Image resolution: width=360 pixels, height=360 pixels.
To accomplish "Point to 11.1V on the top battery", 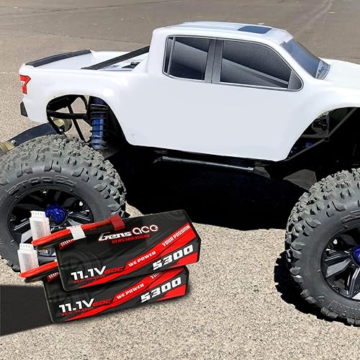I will pyautogui.click(x=88, y=274).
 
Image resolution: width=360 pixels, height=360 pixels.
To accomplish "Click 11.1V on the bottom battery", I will pyautogui.click(x=76, y=306).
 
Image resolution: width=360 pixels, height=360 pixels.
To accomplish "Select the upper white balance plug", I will pyautogui.click(x=40, y=225).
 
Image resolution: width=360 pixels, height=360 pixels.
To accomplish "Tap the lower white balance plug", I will pyautogui.click(x=27, y=256).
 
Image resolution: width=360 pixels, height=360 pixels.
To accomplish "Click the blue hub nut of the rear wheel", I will pyautogui.click(x=55, y=213).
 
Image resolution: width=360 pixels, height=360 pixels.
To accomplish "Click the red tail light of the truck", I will pyautogui.click(x=25, y=82).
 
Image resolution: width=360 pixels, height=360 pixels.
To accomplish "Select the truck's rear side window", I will pyautogui.click(x=187, y=59).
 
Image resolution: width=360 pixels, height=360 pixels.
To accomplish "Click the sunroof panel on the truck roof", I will pyautogui.click(x=256, y=30).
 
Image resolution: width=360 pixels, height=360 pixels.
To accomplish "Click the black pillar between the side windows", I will pyautogui.click(x=215, y=60).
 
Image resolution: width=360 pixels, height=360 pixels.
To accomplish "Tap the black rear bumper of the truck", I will pyautogui.click(x=24, y=109).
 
